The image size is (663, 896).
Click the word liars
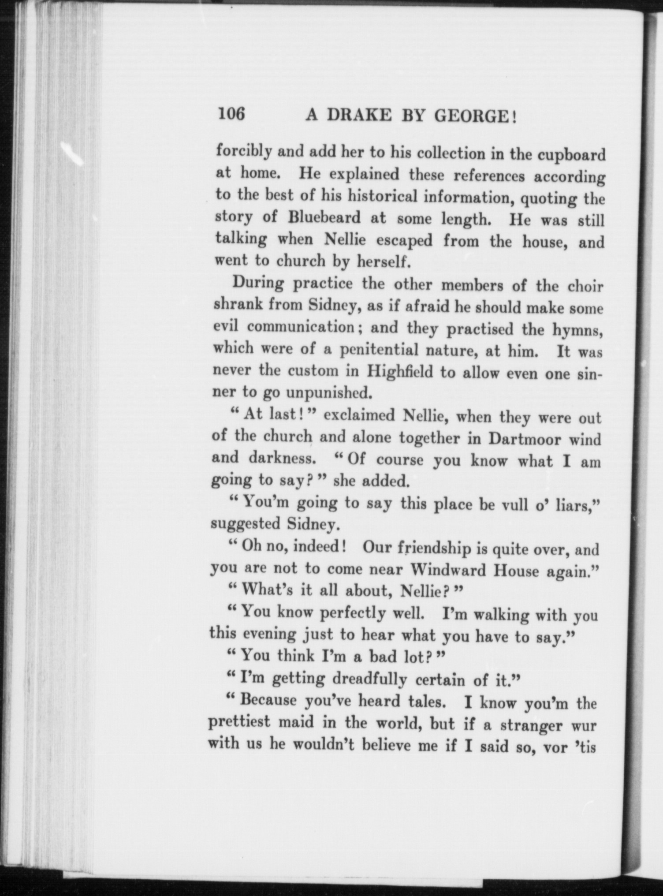(578, 506)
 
